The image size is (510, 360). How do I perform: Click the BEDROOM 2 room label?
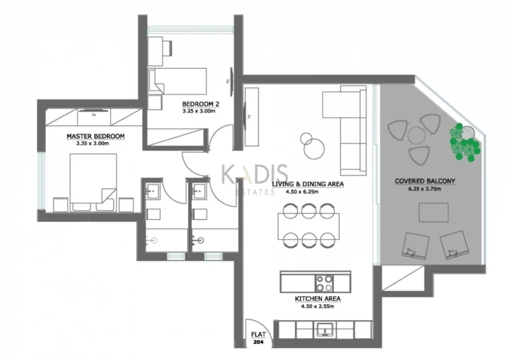click(x=201, y=104)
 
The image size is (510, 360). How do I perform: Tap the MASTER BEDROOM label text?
click(x=96, y=136)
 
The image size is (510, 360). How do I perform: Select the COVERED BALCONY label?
click(x=425, y=181)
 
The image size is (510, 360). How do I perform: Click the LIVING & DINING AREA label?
click(x=307, y=184)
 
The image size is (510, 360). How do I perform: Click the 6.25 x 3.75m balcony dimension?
click(x=425, y=189)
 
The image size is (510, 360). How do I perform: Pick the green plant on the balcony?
click(x=464, y=141)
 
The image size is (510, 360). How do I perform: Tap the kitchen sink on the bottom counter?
click(x=325, y=329)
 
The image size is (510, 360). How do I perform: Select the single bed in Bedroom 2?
click(x=183, y=82)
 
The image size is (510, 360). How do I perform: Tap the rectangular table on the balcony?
click(x=432, y=213)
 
